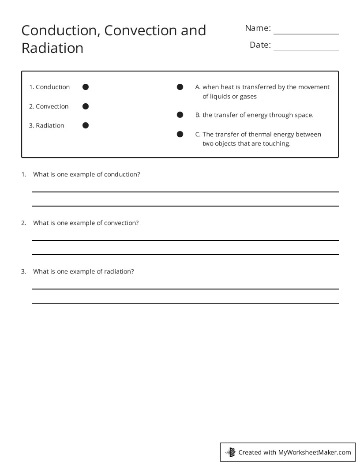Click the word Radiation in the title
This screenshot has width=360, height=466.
click(52, 48)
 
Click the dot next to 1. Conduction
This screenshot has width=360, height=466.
click(86, 87)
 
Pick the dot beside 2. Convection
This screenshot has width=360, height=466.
click(86, 106)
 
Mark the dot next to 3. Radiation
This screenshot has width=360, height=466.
click(86, 125)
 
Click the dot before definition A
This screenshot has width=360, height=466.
click(180, 87)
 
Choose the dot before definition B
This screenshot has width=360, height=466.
click(180, 115)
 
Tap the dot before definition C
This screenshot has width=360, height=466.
click(180, 134)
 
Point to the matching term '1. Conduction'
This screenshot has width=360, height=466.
click(49, 87)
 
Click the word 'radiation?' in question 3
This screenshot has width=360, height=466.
click(119, 271)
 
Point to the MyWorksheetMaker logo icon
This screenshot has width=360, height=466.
click(230, 452)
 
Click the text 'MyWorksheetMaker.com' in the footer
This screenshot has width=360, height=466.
click(314, 452)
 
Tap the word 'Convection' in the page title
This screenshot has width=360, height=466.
click(140, 30)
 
